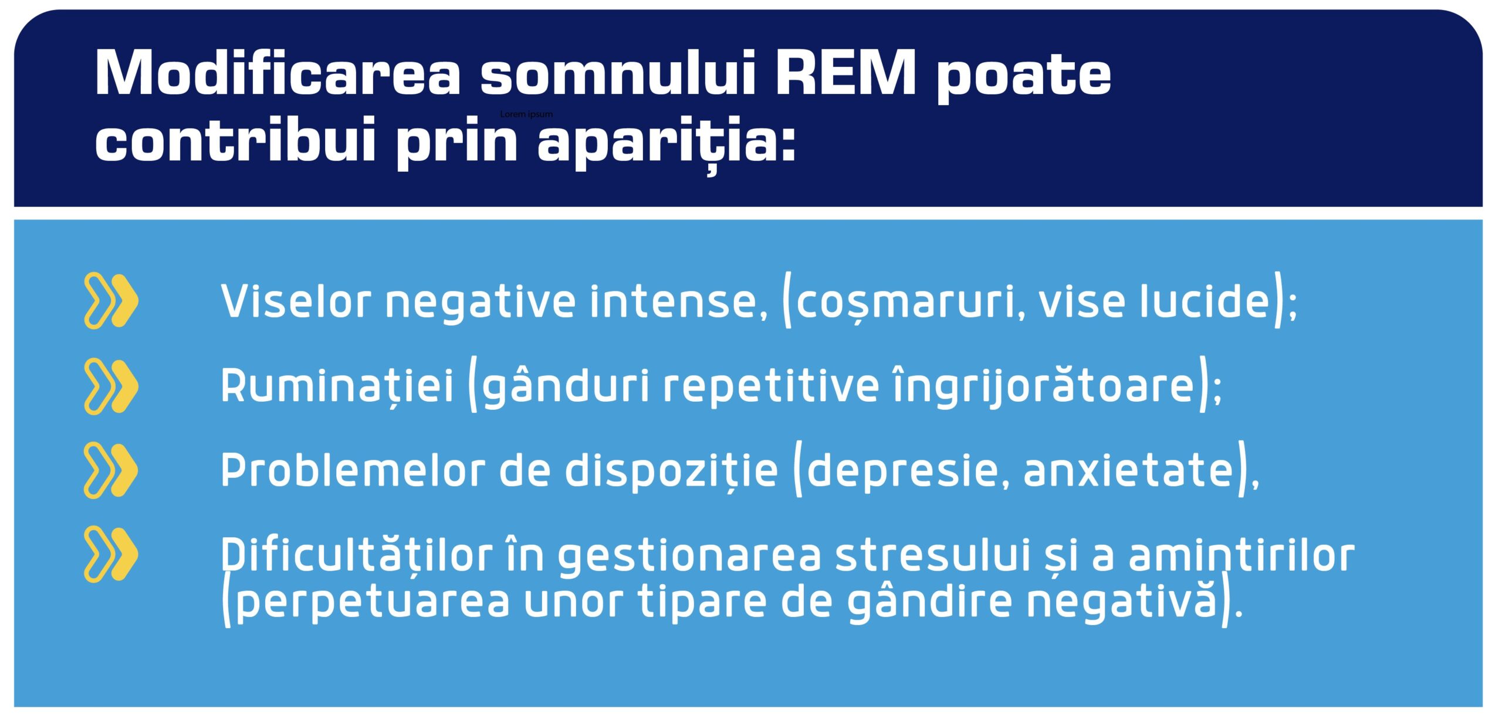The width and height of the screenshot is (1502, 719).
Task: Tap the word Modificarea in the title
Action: click(x=278, y=73)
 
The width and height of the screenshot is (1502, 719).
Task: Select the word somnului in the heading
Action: click(x=617, y=73)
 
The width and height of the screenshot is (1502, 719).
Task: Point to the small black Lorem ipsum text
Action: click(x=526, y=114)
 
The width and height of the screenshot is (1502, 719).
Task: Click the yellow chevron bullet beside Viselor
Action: click(x=111, y=301)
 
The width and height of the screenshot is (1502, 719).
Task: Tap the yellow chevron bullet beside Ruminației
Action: click(x=111, y=386)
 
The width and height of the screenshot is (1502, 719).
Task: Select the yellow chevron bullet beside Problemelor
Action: click(x=111, y=470)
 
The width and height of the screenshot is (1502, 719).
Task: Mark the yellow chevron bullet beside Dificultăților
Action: click(x=111, y=554)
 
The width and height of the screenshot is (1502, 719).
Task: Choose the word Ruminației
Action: click(x=337, y=386)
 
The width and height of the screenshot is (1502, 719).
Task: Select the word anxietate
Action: click(x=1128, y=471)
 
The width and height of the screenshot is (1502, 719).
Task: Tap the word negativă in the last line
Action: click(x=1121, y=602)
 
